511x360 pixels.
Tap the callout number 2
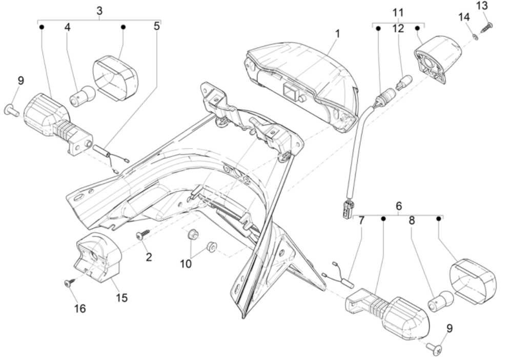pyautogui.click(x=149, y=257)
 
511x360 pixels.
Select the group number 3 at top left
pyautogui.click(x=99, y=10)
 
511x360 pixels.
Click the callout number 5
pyautogui.click(x=157, y=26)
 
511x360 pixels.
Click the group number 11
pyautogui.click(x=398, y=11)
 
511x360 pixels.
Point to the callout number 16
pyautogui.click(x=80, y=308)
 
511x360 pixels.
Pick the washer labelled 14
pyautogui.click(x=475, y=37)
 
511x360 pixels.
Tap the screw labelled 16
pyautogui.click(x=68, y=282)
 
